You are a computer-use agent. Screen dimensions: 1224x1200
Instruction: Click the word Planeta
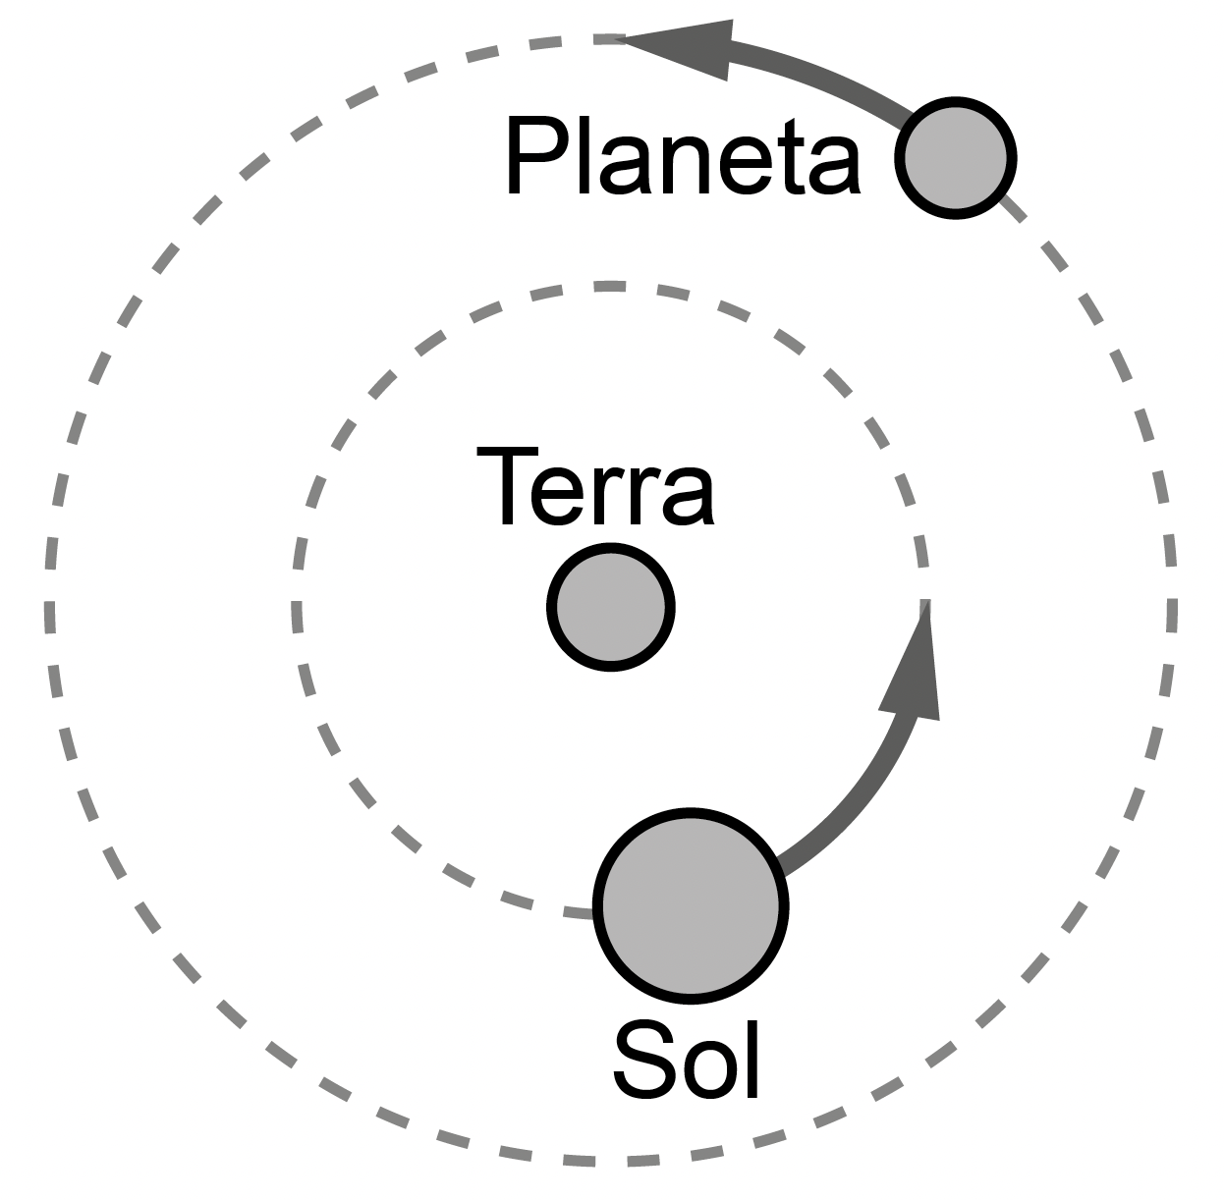[x=684, y=157]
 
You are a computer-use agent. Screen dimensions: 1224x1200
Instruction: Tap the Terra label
[x=595, y=487]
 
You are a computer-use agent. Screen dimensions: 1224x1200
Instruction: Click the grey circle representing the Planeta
[x=956, y=157]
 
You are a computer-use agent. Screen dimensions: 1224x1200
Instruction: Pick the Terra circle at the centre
[x=610, y=607]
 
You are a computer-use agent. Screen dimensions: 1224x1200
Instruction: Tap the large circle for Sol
[x=692, y=905]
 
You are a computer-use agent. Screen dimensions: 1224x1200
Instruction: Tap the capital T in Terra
[x=507, y=487]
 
